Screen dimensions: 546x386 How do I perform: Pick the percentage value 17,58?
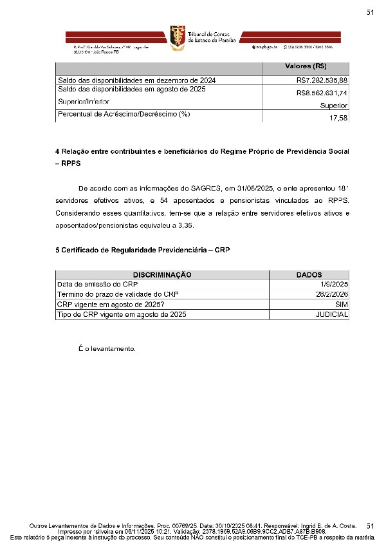pyautogui.click(x=338, y=118)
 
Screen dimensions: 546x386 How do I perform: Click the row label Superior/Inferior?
pyautogui.click(x=84, y=102)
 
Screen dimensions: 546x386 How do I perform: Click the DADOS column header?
pyautogui.click(x=309, y=274)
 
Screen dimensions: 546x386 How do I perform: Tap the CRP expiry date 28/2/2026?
pyautogui.click(x=331, y=294)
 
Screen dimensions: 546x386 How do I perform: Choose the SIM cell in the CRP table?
pyautogui.click(x=342, y=304)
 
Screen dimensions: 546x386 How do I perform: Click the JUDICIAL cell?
pyautogui.click(x=332, y=314)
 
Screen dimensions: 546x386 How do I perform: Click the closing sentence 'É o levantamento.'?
pyautogui.click(x=107, y=349)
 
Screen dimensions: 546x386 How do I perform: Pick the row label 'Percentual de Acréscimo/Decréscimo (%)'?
pyautogui.click(x=125, y=115)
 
